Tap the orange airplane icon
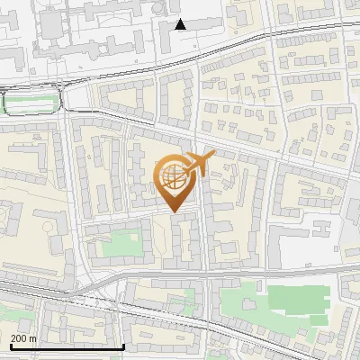tap(200, 164)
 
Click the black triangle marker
tap(181, 24)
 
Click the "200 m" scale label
tap(23, 339)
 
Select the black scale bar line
tap(67, 346)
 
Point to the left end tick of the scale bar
tap(10, 345)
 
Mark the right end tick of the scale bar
tap(123, 345)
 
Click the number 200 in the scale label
tap(18, 339)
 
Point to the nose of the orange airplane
tap(215, 155)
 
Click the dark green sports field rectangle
tap(295, 299)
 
